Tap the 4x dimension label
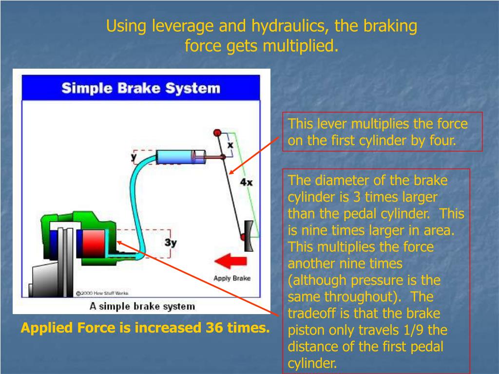pyautogui.click(x=246, y=182)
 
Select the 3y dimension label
pyautogui.click(x=170, y=242)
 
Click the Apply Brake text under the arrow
pyautogui.click(x=232, y=278)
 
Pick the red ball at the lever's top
pyautogui.click(x=218, y=132)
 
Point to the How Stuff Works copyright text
pyautogui.click(x=102, y=293)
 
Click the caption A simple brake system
pyautogui.click(x=142, y=306)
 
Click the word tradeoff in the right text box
pyautogui.click(x=312, y=313)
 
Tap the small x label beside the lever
pyautogui.click(x=230, y=145)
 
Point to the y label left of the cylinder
pyautogui.click(x=134, y=156)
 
